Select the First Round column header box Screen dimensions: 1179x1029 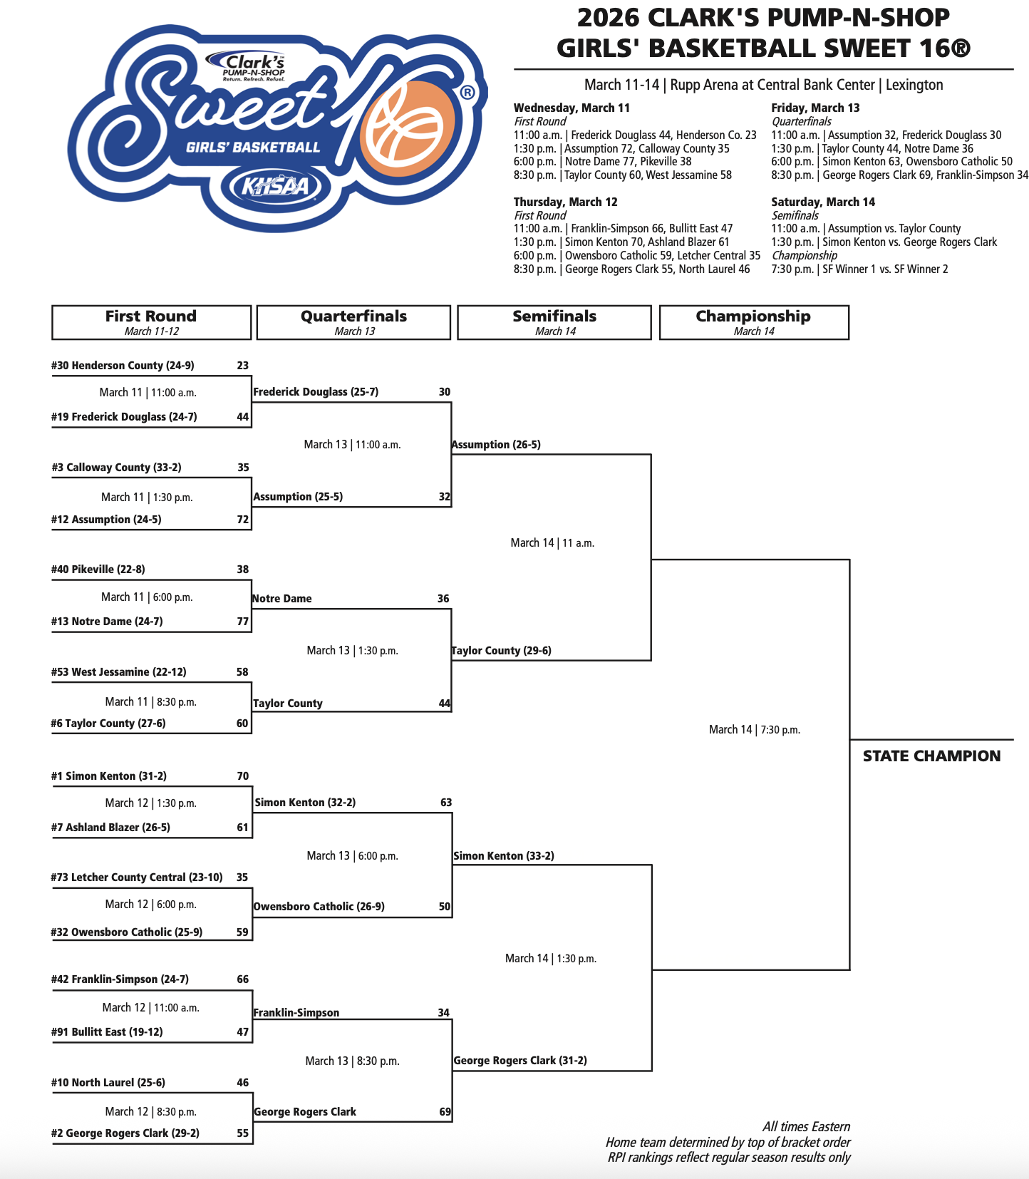[x=151, y=322]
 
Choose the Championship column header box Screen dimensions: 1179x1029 [x=754, y=322]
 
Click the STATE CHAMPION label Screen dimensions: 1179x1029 [x=931, y=756]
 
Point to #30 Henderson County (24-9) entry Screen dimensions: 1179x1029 [x=123, y=366]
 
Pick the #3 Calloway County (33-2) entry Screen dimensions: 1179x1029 [x=116, y=468]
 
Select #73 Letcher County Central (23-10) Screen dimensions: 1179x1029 [x=137, y=877]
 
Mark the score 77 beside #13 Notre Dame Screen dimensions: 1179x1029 [x=243, y=622]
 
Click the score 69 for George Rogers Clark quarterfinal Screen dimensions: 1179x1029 [x=445, y=1112]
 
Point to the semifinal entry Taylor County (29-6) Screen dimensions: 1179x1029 [x=502, y=651]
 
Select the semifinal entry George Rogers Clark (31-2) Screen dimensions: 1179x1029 [x=520, y=1061]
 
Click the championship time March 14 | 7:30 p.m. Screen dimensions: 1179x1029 [x=755, y=730]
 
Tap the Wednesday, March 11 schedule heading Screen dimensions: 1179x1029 [x=572, y=108]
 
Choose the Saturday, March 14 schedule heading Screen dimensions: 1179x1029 [x=823, y=202]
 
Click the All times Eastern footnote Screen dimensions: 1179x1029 [x=806, y=1127]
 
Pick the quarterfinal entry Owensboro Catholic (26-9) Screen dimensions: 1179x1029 [x=319, y=907]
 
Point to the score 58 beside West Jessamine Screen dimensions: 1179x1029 [x=242, y=672]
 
